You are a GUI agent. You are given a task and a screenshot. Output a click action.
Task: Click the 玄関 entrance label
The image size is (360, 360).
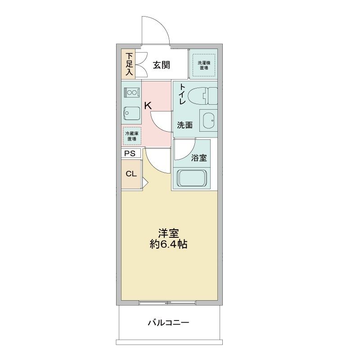coord(161,65)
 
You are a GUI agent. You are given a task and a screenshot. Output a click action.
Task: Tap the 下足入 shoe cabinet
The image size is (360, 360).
coord(129,64)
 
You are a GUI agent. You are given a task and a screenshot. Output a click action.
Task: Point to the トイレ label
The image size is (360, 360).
coord(183,94)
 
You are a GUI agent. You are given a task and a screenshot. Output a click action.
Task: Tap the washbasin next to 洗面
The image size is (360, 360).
coord(207,121)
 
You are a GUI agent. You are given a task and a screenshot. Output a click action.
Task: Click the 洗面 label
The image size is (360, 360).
coord(184,125)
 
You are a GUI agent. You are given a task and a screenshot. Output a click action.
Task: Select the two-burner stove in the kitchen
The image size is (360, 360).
coord(132,93)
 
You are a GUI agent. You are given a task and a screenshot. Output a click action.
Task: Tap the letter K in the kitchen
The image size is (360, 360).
coord(148,105)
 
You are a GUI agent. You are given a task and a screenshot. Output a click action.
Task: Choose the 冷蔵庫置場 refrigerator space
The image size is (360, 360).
coord(132,136)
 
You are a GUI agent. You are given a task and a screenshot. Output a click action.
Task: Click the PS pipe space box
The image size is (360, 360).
coord(130,153)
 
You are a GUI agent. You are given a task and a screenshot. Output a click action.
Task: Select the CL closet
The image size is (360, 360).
coord(131,174)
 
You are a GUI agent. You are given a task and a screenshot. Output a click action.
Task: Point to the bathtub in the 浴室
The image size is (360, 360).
coord(193,178)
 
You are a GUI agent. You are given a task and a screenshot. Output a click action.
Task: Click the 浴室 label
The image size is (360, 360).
coord(199,158)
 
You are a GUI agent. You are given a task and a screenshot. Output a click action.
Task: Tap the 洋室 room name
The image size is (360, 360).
coord(169,234)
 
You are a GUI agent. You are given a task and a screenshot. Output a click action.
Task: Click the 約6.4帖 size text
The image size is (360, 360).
coord(169,245)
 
